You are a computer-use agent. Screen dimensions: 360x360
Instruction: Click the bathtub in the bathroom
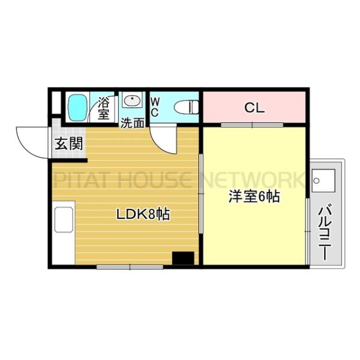[x=77, y=107]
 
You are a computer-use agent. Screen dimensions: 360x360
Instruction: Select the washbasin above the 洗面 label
[x=132, y=100]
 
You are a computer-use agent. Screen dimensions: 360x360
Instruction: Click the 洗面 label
[x=133, y=123]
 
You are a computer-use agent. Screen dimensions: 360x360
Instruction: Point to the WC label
[x=154, y=107]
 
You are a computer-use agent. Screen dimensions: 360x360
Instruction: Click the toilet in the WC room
[x=186, y=107]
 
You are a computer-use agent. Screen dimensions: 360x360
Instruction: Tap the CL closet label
[x=254, y=109]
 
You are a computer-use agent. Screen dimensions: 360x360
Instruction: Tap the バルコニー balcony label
[x=324, y=231]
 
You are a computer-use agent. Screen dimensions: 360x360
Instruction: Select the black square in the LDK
[x=183, y=258]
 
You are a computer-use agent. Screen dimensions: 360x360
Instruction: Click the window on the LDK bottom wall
[x=130, y=265]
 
